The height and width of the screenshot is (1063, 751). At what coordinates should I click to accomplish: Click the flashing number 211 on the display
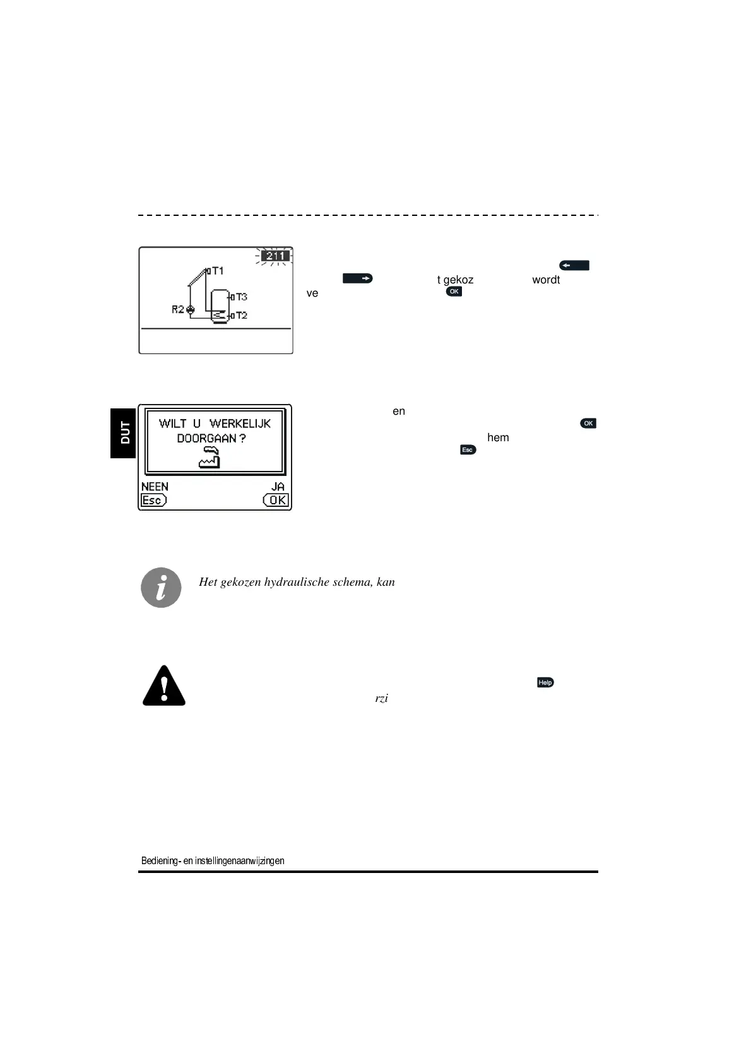point(275,256)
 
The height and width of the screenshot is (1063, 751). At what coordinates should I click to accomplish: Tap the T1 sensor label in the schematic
point(217,271)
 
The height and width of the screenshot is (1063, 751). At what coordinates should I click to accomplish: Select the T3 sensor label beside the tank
point(241,297)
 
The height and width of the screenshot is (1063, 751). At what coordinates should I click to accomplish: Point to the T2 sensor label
point(241,315)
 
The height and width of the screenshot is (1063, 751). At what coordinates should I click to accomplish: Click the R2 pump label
point(179,309)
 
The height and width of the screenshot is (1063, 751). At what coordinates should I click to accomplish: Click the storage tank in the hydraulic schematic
point(220,307)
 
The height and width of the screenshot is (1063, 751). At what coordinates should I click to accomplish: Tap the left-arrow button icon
point(574,266)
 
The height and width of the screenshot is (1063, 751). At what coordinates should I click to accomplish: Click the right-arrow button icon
point(358,278)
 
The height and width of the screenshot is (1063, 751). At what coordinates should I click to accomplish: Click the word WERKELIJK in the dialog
point(240,423)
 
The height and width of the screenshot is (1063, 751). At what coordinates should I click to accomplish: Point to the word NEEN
point(155,487)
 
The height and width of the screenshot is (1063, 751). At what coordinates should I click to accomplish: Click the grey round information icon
point(161,588)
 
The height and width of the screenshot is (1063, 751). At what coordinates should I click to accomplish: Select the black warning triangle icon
point(164,686)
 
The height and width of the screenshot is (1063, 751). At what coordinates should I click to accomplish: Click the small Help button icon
point(545,682)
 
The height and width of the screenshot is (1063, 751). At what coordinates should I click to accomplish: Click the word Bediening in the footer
point(160,860)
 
